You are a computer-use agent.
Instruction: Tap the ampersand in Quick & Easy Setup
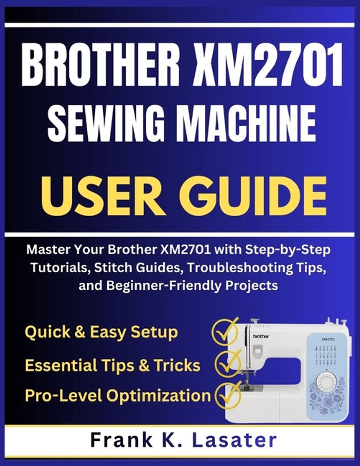(80, 332)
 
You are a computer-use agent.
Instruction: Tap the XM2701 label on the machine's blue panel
(328, 339)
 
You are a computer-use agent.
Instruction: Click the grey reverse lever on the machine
(258, 351)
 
